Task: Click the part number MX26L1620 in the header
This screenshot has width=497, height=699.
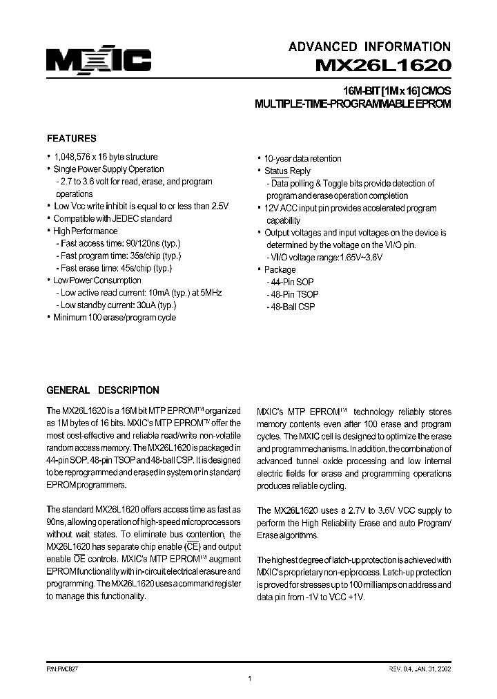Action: pos(383,67)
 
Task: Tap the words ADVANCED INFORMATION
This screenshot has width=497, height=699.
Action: pos(369,47)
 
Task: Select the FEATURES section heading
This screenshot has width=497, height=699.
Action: pos(71,138)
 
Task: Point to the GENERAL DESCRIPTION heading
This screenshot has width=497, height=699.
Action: pos(102,390)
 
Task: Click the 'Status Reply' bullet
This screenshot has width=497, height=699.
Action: pos(287,171)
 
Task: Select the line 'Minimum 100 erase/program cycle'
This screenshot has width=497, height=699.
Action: pos(114,318)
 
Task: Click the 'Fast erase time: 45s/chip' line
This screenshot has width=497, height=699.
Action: pos(115,268)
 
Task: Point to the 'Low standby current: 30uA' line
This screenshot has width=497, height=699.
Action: pos(118,305)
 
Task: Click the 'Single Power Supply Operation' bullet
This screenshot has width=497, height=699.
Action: pos(108,169)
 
